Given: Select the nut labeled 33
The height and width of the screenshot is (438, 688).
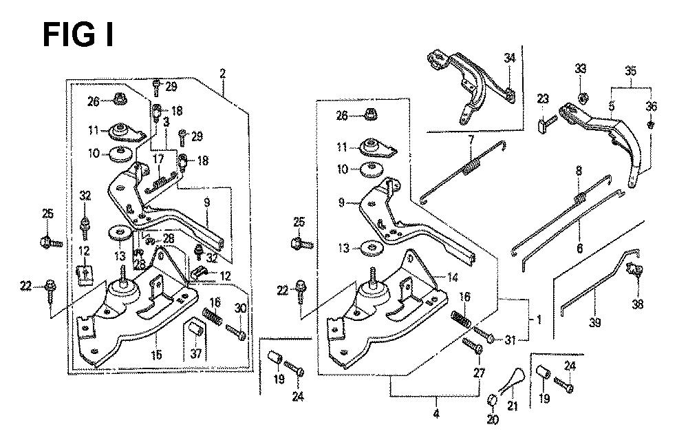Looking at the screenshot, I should click(x=581, y=95).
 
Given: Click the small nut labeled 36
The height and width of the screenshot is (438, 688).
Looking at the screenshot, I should click(x=651, y=126).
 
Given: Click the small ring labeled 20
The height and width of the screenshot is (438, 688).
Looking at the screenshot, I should click(x=492, y=401).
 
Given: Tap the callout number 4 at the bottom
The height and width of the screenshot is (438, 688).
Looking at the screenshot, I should click(x=435, y=415).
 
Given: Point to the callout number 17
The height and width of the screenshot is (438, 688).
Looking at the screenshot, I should click(x=158, y=158).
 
